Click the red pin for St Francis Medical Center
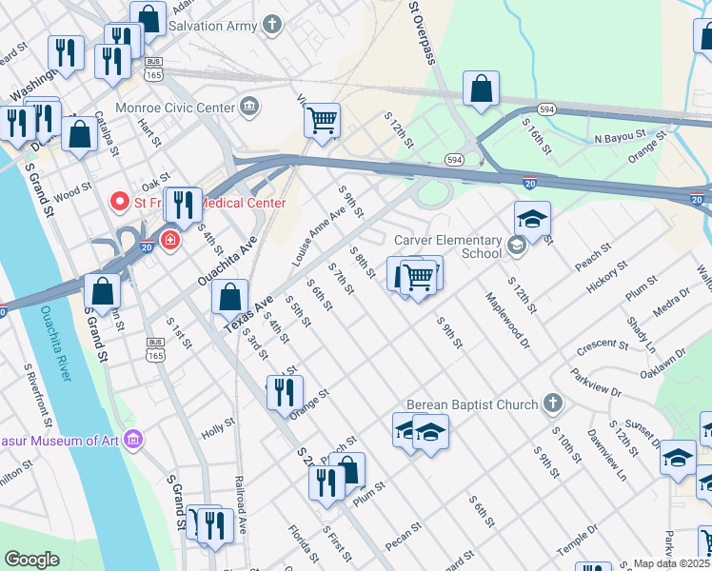[120, 201]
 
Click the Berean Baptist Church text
[472, 404]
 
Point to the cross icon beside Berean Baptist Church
[552, 404]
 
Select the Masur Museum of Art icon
[134, 439]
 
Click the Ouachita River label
[54, 343]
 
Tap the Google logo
[32, 560]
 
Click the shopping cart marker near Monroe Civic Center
[323, 121]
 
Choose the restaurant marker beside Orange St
[285, 392]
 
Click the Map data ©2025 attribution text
[671, 563]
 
